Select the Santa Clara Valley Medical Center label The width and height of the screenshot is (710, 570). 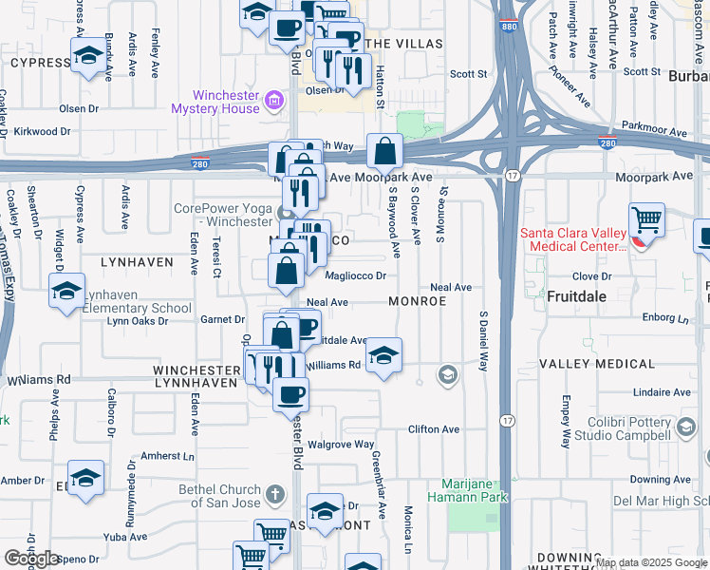(572, 239)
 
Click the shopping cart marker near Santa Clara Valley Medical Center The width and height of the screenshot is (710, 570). (645, 221)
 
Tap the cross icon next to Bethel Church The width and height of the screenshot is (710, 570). (275, 494)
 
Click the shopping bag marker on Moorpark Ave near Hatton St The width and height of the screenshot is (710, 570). (384, 151)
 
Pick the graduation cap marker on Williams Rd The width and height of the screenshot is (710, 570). (383, 356)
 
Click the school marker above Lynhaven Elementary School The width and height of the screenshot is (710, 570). (67, 291)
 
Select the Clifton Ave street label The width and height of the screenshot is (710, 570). (433, 429)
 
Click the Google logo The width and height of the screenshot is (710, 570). (32, 559)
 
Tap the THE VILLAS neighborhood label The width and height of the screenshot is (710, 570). (403, 45)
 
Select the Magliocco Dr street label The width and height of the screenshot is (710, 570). (355, 276)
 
